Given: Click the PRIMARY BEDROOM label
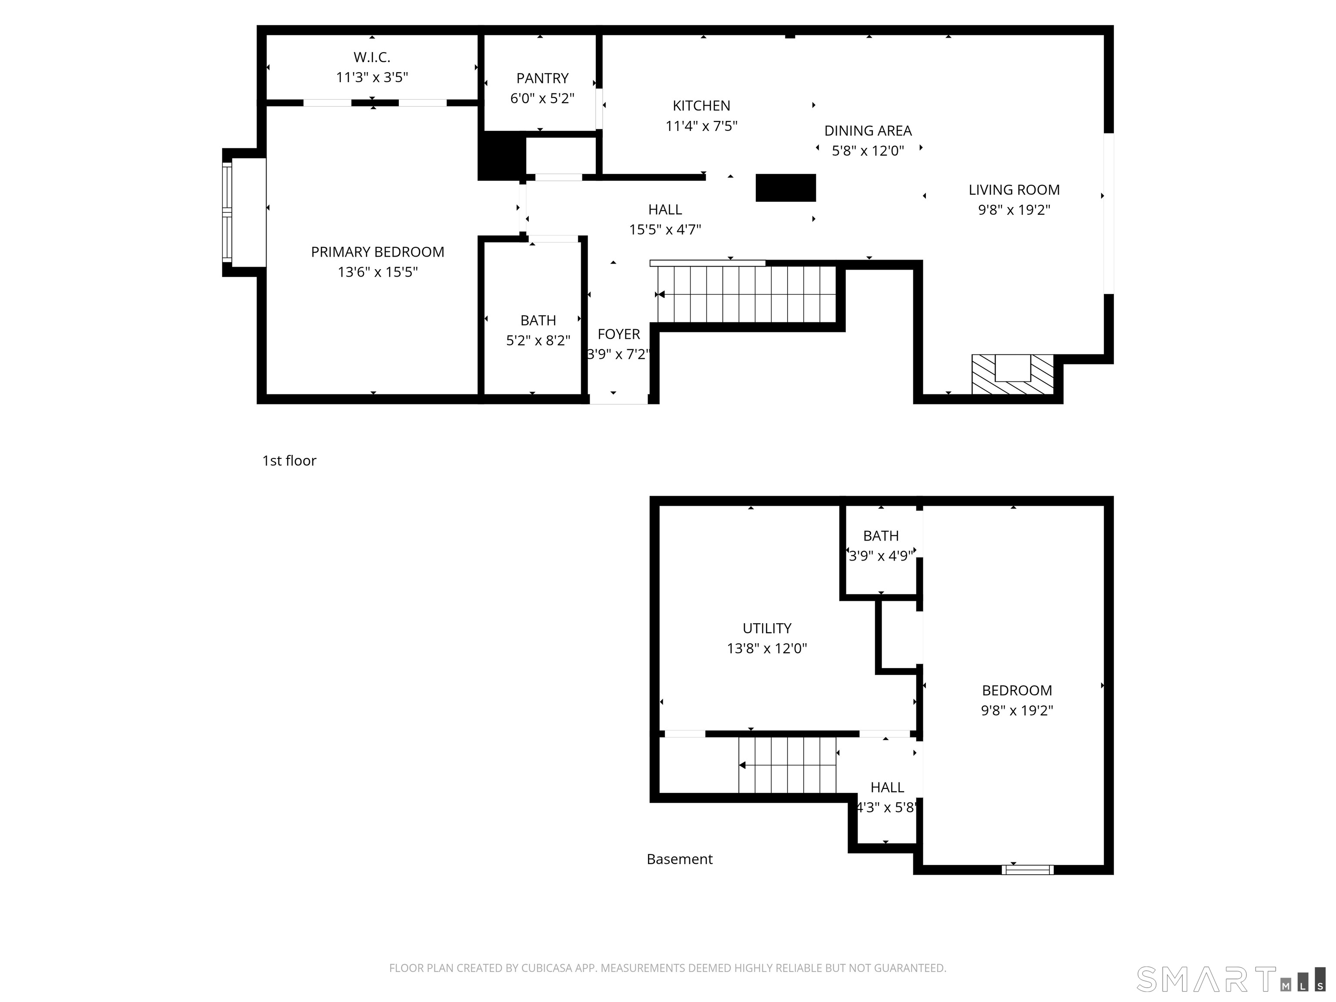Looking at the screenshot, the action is pos(377,252).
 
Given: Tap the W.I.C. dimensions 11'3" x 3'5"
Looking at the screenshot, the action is pos(372,77).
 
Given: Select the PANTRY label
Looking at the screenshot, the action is pos(542,79).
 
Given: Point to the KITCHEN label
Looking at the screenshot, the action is pos(701,106).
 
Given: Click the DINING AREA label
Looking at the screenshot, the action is pos(868,130).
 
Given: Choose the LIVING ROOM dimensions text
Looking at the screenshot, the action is pos(1014,210).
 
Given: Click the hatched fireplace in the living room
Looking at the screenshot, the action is pos(1012,374).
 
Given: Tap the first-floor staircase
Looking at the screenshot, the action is pos(747,295).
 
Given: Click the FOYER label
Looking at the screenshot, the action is pos(618,334).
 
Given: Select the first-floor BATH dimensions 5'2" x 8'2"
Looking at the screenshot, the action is pos(538,341).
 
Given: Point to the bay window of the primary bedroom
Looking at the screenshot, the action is pos(227,213).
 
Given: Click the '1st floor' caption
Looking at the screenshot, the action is pos(289,461).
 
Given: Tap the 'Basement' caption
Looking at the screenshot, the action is pos(679,859).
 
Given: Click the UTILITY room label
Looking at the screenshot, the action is pos(767,628).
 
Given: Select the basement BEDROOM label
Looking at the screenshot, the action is pos(1017,690).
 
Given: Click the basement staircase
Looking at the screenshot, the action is pos(788,765).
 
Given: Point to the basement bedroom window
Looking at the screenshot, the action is pos(1027,870).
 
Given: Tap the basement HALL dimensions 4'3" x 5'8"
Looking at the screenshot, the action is pos(887,808).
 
